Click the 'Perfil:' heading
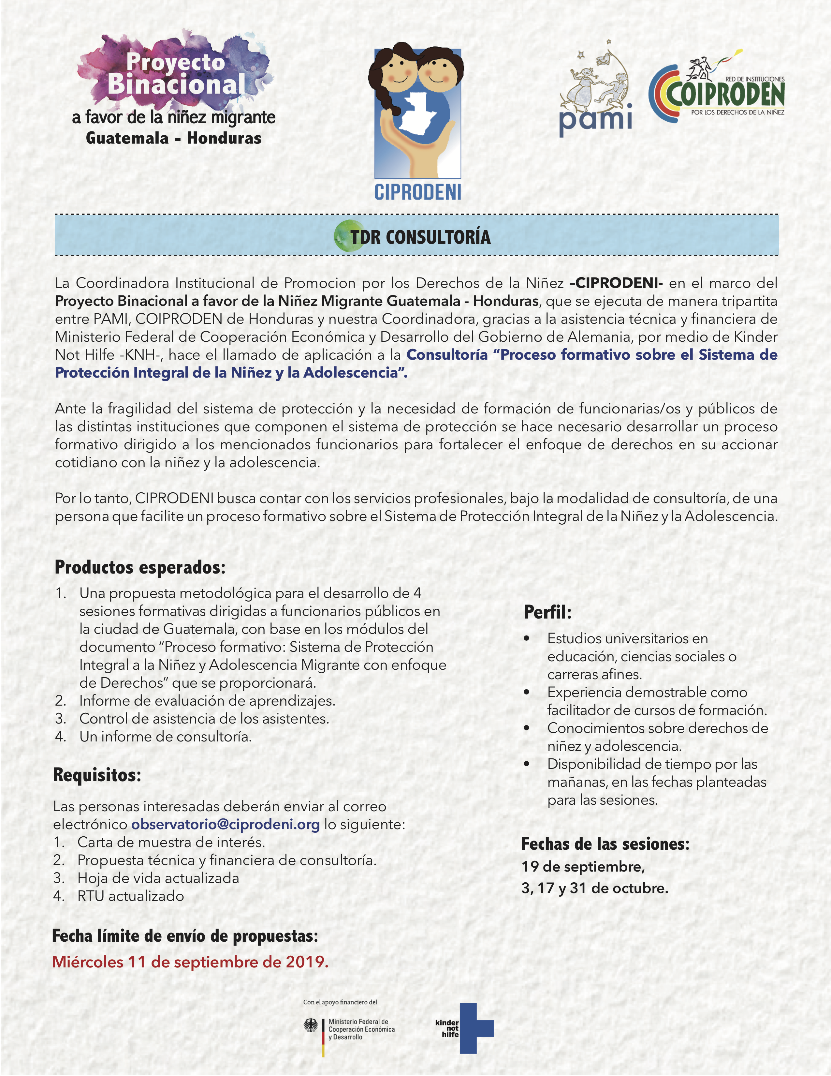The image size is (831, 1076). coord(547,612)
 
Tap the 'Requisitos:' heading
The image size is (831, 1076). coord(97,775)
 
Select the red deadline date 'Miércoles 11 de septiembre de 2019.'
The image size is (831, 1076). coord(190,962)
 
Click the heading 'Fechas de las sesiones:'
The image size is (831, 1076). coord(605,844)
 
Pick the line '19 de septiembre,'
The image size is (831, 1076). coord(583,867)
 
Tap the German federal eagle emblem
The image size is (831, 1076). coord(311,1026)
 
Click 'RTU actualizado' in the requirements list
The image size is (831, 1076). coord(130,896)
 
